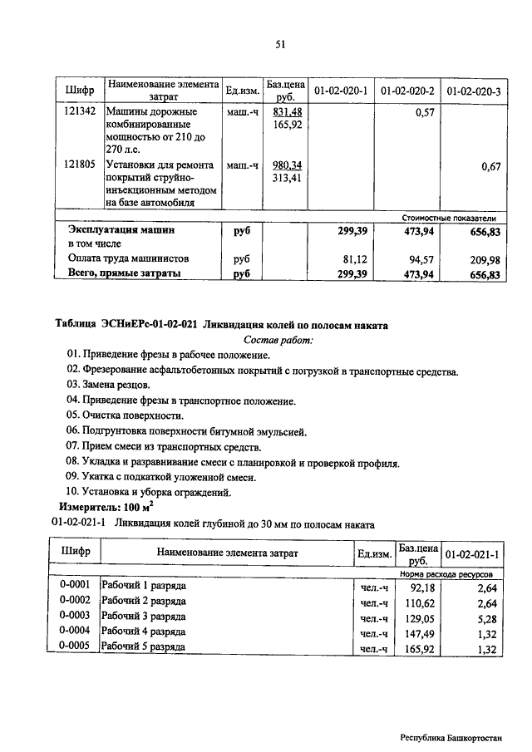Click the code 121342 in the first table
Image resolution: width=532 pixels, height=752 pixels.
pyautogui.click(x=78, y=112)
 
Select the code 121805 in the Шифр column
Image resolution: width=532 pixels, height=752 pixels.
pyautogui.click(x=78, y=165)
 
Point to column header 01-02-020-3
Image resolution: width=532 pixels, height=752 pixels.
pyautogui.click(x=474, y=91)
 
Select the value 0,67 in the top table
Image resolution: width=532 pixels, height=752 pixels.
pyautogui.click(x=490, y=167)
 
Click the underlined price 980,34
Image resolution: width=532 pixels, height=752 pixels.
pyautogui.click(x=287, y=165)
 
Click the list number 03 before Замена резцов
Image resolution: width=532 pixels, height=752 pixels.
pyautogui.click(x=74, y=386)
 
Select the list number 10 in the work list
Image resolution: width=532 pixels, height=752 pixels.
pyautogui.click(x=74, y=491)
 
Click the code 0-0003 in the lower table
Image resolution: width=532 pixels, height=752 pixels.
pyautogui.click(x=75, y=617)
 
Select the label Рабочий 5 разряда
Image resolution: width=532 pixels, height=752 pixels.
pyautogui.click(x=142, y=647)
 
